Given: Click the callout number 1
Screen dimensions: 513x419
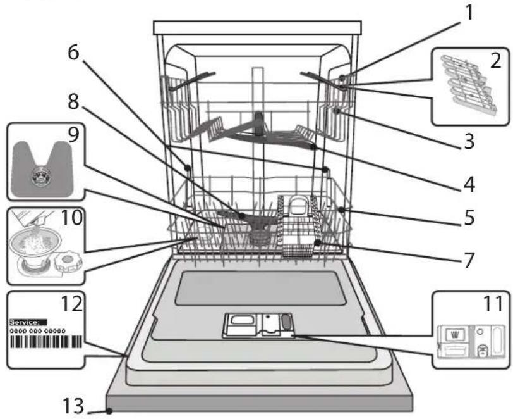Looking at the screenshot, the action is [469, 13].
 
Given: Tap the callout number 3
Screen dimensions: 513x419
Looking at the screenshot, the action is [469, 142].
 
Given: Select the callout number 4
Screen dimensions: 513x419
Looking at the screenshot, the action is [469, 184].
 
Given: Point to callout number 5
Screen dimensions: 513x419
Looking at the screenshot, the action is [469, 217].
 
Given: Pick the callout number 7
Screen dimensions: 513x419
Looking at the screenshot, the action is [469, 260].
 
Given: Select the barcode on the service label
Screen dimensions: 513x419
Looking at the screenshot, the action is [45, 342].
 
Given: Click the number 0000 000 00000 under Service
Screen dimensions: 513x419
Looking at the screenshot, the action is [38, 331].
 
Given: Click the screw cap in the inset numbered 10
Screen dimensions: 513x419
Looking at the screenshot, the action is [67, 261].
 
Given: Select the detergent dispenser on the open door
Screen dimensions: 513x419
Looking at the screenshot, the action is [258, 325].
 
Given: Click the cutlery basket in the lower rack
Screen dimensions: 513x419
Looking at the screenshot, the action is [297, 227].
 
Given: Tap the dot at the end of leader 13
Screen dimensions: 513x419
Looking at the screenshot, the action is [110, 411].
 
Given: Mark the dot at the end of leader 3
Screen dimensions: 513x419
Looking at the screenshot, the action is [336, 111].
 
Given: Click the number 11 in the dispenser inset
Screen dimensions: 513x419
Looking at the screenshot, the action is [493, 304].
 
